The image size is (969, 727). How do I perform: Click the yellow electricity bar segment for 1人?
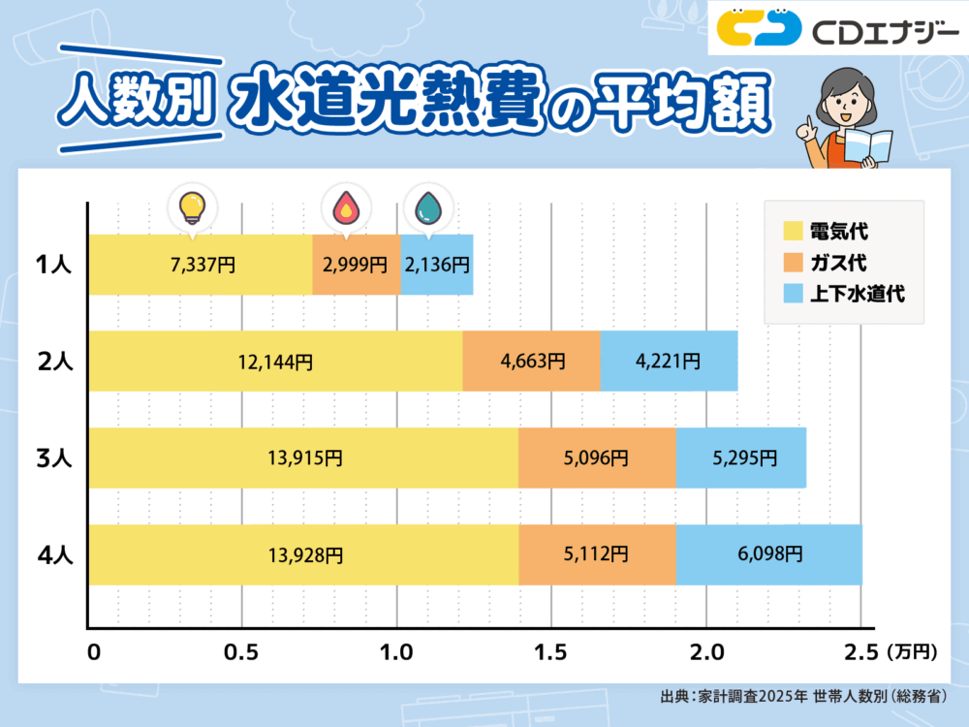[x=200, y=265]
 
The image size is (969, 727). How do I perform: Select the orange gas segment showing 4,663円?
[x=531, y=362]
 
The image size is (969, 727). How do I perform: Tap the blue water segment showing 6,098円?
[x=768, y=554]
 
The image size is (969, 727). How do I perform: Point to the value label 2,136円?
[x=438, y=265]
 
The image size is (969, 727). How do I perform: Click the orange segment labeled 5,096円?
[x=596, y=458]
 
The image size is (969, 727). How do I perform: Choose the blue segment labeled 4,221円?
[x=669, y=362]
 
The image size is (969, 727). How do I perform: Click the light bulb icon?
[x=192, y=206]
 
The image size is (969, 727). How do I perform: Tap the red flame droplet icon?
[x=345, y=206]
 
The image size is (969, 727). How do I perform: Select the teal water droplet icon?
[x=426, y=206]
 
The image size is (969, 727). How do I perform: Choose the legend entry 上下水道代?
[x=843, y=293]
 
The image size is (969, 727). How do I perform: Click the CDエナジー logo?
[x=834, y=32]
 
